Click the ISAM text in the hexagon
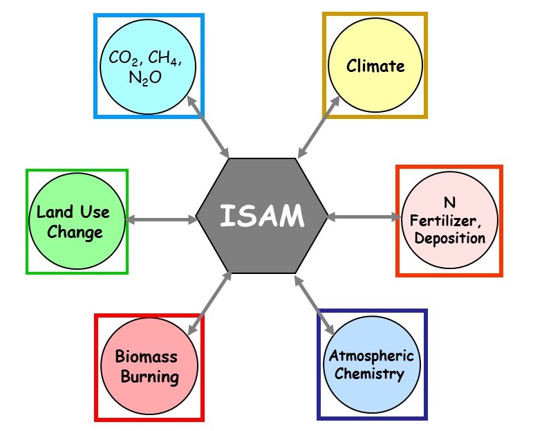pos(261,217)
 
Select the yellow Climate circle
pos(375,66)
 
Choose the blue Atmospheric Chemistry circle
pos(373,365)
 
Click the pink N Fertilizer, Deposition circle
pos(450,220)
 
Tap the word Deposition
pos(450,239)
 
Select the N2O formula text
pos(145,77)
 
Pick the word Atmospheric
pos(371,356)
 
